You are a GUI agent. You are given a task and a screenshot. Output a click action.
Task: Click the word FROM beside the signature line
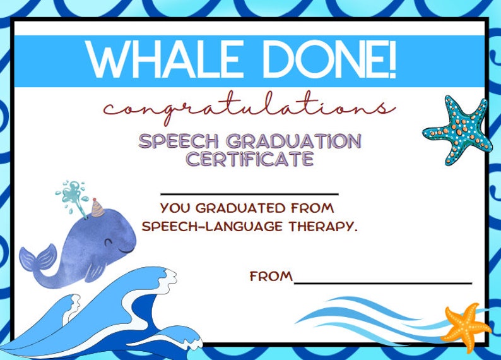pos(271,277)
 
